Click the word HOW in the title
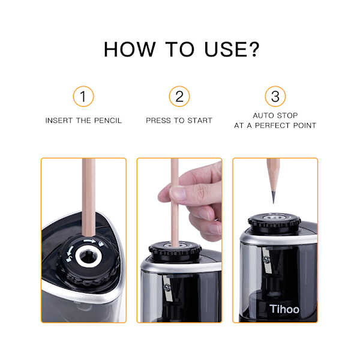click(x=130, y=49)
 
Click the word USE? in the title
click(x=232, y=49)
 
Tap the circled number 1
click(x=83, y=96)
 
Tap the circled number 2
click(x=179, y=96)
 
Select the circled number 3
click(x=275, y=96)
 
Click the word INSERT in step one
click(x=59, y=121)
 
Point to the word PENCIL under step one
click(x=108, y=121)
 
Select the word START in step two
click(x=200, y=121)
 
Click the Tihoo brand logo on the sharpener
click(x=284, y=309)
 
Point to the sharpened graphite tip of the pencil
click(x=273, y=197)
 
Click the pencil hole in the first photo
click(x=88, y=256)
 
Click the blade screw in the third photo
click(x=266, y=260)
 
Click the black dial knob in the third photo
click(x=274, y=222)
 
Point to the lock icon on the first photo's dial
click(x=101, y=244)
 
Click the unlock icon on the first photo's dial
click(x=69, y=259)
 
